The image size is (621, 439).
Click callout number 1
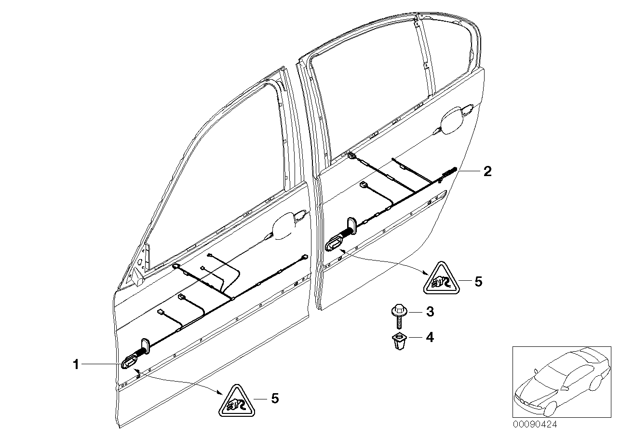[x=75, y=365]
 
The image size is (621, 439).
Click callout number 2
[x=487, y=171]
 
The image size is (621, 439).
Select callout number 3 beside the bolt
[x=430, y=312]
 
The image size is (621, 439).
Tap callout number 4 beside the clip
[x=429, y=338]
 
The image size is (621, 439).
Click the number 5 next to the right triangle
[x=478, y=281]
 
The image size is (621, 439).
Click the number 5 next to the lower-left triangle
[x=274, y=398]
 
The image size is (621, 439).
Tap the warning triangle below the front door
[x=236, y=399]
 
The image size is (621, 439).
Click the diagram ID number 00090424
[x=533, y=425]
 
